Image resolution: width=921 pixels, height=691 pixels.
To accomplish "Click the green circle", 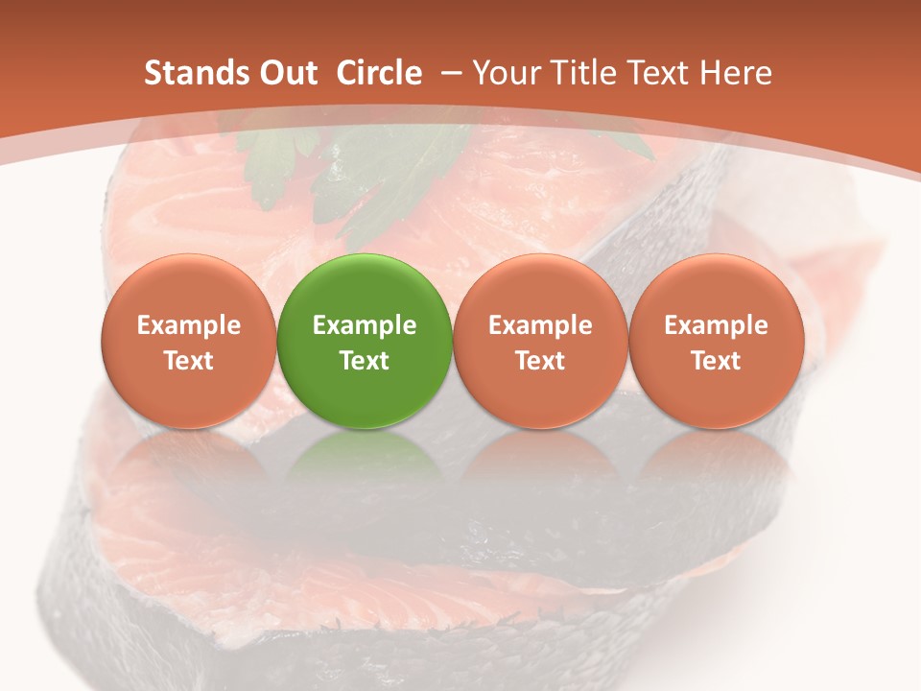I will tap(365, 341).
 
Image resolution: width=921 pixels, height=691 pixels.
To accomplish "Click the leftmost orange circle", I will tap(189, 341).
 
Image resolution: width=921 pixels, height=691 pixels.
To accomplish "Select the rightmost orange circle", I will tap(716, 341).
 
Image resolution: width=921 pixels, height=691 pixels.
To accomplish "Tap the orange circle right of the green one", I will tap(540, 341).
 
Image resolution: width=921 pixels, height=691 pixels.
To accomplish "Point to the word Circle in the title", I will tap(379, 73).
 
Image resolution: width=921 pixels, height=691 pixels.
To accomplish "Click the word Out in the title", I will tap(285, 73).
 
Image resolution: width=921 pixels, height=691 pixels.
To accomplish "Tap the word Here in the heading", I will tap(736, 73).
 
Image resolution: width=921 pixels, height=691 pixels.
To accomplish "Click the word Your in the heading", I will tap(506, 73).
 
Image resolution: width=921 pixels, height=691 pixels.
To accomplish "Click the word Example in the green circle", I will tap(365, 325).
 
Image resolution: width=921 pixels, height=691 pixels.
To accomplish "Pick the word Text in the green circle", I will tap(365, 361).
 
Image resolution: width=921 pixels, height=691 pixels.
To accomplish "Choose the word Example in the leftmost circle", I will tap(189, 325).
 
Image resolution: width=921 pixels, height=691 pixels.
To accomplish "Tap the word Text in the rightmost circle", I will tap(716, 361).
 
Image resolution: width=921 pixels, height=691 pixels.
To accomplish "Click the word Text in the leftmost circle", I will tap(189, 361).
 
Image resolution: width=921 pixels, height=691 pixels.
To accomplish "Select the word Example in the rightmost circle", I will tap(716, 325).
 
